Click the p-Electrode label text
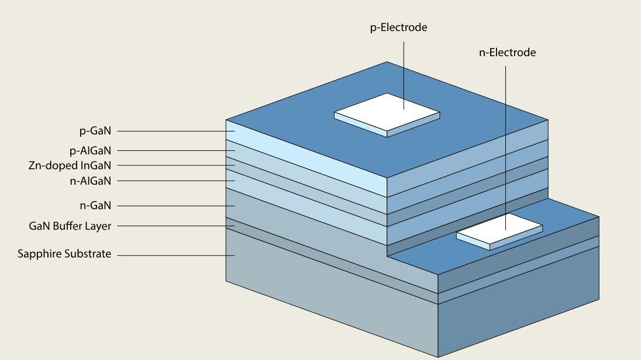click(x=398, y=27)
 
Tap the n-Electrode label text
click(x=506, y=53)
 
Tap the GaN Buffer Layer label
click(x=70, y=226)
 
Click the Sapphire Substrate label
click(x=64, y=254)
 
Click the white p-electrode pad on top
click(x=387, y=113)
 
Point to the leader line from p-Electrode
click(x=404, y=70)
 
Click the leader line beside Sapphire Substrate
click(x=175, y=255)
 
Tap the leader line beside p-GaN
click(x=175, y=131)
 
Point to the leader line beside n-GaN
click(x=175, y=206)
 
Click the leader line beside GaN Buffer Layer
click(x=175, y=226)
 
